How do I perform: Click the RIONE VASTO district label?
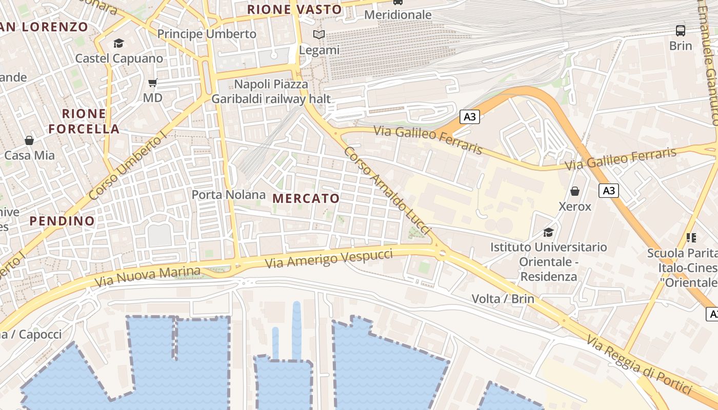(294, 9)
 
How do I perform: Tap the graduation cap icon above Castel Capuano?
(119, 43)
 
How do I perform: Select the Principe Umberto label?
(207, 34)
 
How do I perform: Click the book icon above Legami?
(319, 35)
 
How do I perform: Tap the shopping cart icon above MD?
(152, 82)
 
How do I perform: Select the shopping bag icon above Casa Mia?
(29, 140)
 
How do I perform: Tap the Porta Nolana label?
(228, 195)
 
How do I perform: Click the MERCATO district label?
(306, 198)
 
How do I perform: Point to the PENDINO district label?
(62, 221)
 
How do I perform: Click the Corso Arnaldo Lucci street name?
(387, 191)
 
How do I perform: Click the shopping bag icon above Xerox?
(575, 191)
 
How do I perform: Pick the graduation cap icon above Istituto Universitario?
(548, 232)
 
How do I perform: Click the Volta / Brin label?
(503, 298)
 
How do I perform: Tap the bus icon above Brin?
(681, 30)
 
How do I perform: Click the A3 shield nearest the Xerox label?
(608, 191)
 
